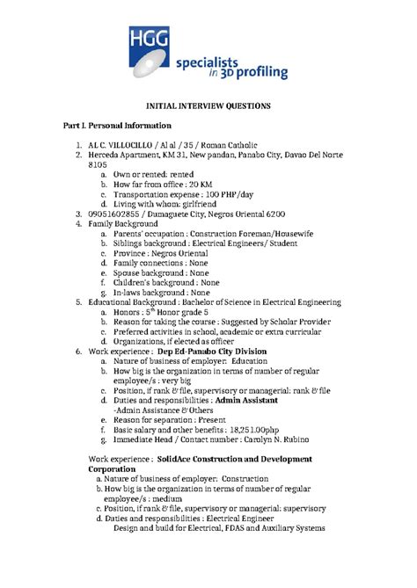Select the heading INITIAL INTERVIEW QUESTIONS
208,105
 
